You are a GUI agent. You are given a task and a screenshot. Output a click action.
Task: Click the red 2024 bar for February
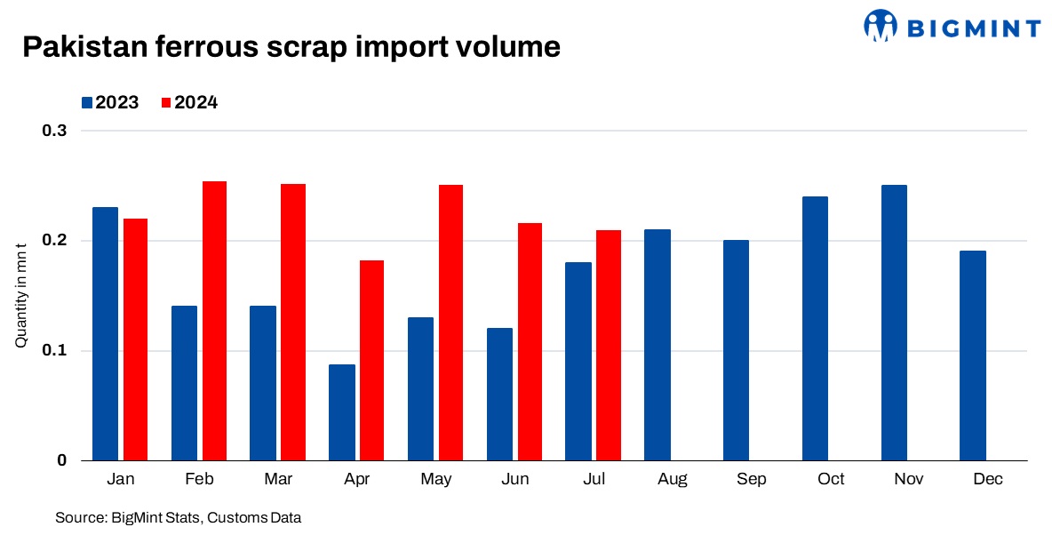click(x=214, y=321)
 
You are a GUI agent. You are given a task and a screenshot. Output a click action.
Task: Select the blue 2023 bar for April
click(x=341, y=412)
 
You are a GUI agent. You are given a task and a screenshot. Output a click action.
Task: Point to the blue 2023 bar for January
click(x=106, y=333)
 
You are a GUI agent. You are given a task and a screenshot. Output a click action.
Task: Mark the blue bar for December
click(x=973, y=355)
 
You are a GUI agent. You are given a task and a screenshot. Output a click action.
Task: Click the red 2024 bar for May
click(x=450, y=323)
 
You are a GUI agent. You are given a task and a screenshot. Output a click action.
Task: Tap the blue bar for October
click(x=815, y=328)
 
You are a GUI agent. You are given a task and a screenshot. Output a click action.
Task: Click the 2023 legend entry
click(x=110, y=102)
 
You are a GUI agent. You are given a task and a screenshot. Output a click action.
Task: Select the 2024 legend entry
click(x=189, y=102)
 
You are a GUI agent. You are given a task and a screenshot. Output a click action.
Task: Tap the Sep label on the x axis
click(x=752, y=480)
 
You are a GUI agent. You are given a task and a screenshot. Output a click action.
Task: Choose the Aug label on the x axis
click(x=673, y=480)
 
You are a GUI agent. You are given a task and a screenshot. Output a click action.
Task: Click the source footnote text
click(x=178, y=517)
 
